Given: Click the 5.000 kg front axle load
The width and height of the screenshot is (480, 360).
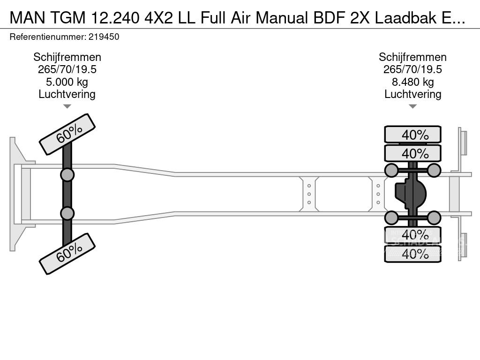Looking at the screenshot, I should tap(67, 82).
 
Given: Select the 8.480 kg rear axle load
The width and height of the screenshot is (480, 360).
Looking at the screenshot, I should tap(412, 82).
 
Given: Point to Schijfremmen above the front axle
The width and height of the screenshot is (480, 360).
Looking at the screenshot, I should tap(67, 57).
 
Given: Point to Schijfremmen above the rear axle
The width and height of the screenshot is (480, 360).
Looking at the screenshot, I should tap(412, 57).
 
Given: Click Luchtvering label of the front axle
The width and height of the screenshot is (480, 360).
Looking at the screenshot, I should tap(67, 94).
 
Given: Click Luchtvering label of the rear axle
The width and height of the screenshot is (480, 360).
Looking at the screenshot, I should tap(412, 94).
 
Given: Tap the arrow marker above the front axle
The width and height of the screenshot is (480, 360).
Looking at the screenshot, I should tap(67, 106).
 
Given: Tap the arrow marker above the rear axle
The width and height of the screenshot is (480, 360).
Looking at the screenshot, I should tap(412, 106).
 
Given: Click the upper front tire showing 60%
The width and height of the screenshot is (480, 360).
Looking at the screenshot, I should tap(67, 134).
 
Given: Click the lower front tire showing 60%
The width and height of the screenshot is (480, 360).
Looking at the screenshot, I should tap(67, 254).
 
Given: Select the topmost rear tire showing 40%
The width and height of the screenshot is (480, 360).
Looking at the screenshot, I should tap(412, 135).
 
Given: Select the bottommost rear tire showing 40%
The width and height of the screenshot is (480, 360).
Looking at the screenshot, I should tap(412, 254).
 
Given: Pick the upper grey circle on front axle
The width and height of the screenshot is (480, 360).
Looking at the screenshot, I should tap(67, 175).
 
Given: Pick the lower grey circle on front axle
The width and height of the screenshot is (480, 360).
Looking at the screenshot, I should tap(67, 213).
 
